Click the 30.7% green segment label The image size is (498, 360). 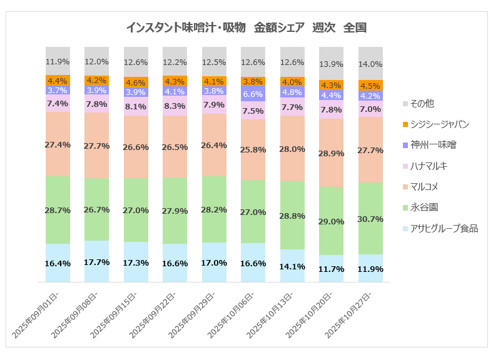click(x=371, y=218)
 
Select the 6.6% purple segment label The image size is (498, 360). click(x=253, y=94)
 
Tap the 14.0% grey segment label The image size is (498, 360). click(x=371, y=64)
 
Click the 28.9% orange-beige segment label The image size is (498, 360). click(x=332, y=153)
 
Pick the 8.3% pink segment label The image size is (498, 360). click(x=175, y=106)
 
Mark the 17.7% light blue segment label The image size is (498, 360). click(x=97, y=261)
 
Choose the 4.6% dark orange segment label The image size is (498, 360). click(x=136, y=82)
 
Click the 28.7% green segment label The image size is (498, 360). click(x=58, y=210)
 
